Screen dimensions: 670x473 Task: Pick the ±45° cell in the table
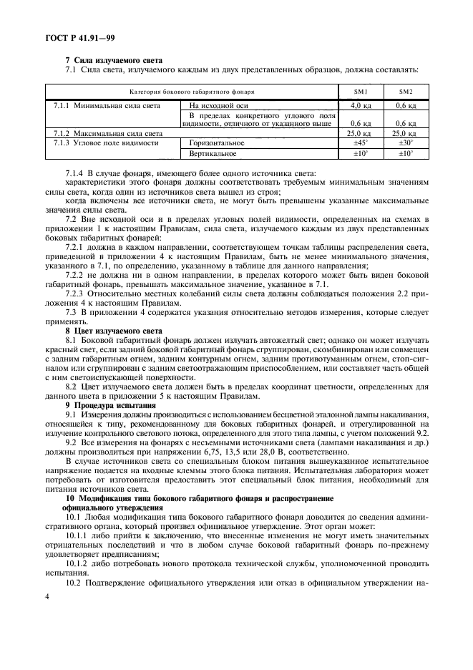361,143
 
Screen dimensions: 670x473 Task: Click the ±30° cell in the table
406,143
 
